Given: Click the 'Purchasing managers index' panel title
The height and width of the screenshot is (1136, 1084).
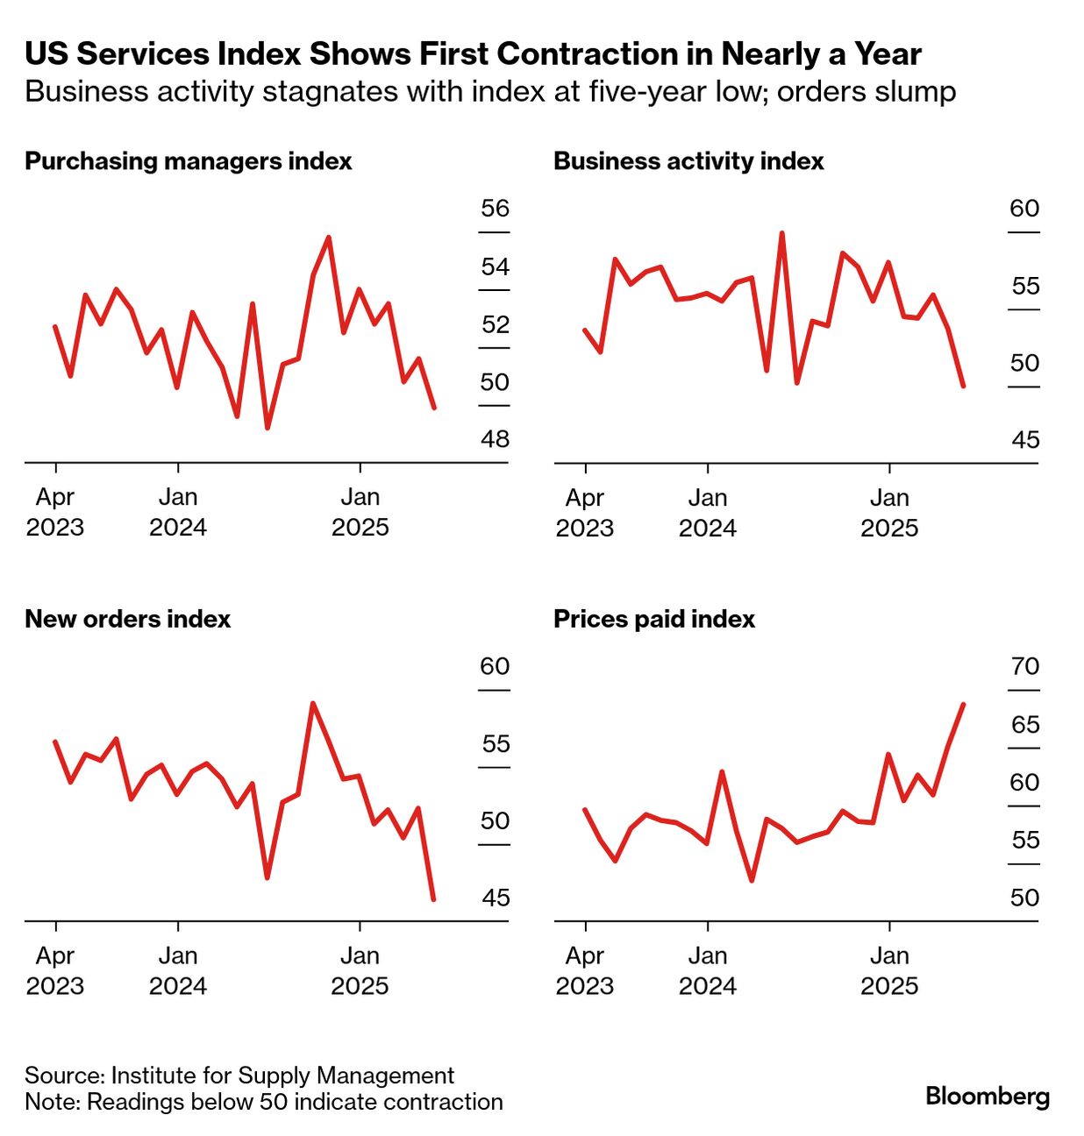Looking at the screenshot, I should [189, 161].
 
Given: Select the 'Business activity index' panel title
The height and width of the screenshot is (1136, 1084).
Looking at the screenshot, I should [688, 161].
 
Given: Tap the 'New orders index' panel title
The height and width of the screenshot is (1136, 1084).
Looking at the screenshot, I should [128, 619].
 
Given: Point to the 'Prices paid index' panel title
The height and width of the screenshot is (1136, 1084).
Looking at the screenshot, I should [654, 619].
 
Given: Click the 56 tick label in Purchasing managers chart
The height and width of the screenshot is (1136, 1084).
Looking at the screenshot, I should [495, 209].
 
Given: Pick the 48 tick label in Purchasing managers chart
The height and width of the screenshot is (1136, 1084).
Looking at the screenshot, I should [495, 439].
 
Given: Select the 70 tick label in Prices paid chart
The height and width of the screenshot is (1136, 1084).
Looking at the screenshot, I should [1024, 666].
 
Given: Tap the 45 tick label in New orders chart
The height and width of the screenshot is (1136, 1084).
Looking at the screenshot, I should [496, 898].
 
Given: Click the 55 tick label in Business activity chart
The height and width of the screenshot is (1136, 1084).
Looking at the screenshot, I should [1024, 286].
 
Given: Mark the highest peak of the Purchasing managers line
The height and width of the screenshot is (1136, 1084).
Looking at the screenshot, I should [328, 238].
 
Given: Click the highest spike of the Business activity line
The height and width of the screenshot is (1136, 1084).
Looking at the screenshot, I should [781, 233].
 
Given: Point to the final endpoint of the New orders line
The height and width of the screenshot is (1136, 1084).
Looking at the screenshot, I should [433, 898].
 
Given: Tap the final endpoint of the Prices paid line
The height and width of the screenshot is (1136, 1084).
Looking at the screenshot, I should [964, 705].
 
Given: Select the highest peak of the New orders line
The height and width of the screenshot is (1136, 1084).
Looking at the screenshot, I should [313, 703].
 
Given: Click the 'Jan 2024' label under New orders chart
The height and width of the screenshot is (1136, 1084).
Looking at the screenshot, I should [178, 970].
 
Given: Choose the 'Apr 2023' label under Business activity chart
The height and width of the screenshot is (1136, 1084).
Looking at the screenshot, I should [585, 513].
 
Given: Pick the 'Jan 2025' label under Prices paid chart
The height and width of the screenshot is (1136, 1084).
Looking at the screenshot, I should [889, 970].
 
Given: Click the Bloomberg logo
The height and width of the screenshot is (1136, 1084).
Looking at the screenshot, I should [988, 1096].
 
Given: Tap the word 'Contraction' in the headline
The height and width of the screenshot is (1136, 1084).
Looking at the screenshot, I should [575, 54].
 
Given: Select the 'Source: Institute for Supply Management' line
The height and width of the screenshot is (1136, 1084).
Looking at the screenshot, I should [239, 1076].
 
